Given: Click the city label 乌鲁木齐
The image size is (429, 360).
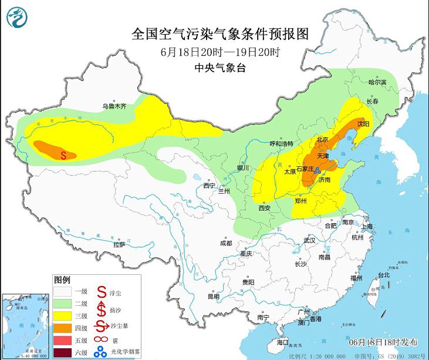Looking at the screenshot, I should click(x=114, y=106).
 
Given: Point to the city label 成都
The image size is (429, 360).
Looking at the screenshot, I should click(x=226, y=243).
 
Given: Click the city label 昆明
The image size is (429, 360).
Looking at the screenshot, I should click(x=213, y=297).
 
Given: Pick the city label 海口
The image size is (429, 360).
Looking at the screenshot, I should click(x=283, y=341).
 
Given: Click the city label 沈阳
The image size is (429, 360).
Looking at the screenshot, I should click(x=363, y=124).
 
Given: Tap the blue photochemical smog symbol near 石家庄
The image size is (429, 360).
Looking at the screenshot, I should click(x=317, y=170).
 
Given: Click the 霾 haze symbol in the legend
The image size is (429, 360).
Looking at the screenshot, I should click(x=101, y=340).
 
